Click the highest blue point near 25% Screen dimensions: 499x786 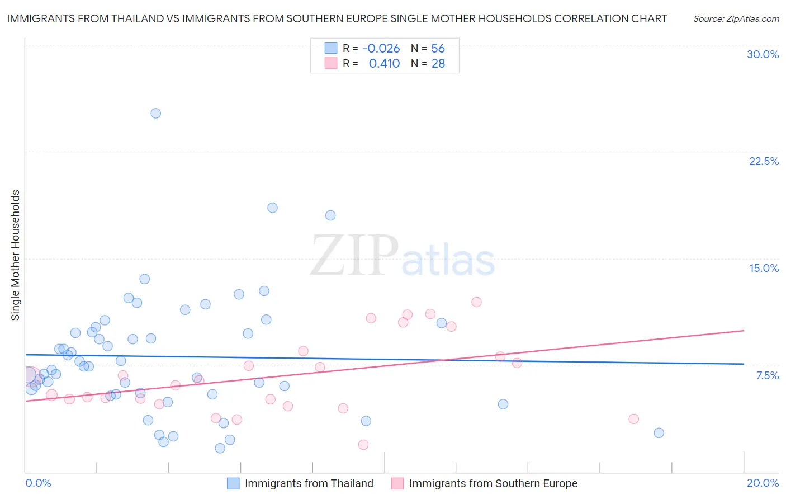pos(156,113)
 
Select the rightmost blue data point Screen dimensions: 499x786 pos(659,432)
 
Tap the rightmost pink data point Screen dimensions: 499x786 pos(633,418)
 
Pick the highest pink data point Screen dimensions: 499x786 pos(476,302)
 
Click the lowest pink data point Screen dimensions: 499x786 pos(363,445)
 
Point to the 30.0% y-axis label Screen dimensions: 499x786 pos(763,54)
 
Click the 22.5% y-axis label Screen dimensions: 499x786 pos(764,161)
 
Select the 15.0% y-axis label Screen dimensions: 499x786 pos(764,268)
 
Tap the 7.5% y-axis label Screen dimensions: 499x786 pos(767,375)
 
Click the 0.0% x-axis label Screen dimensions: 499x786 pos(38,483)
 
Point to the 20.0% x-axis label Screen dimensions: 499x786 pos(763,483)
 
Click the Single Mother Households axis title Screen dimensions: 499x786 pos(16,255)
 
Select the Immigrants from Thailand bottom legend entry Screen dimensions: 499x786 pos(309,483)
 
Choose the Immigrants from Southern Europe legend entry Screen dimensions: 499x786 pos(493,483)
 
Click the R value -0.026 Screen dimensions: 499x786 pos(381,49)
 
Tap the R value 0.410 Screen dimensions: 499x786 pos(384,64)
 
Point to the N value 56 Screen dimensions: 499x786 pos(438,49)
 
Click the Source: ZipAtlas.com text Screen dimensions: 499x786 pos(736,19)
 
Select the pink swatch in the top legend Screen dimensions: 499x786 pos(331,63)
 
